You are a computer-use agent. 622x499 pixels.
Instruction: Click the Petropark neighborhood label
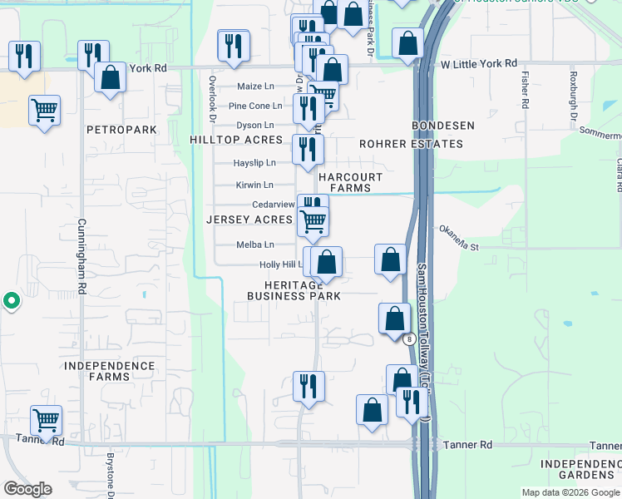tap(121, 131)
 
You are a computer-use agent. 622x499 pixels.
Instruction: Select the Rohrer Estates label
tap(411, 144)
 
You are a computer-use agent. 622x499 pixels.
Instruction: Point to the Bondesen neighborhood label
tap(444, 126)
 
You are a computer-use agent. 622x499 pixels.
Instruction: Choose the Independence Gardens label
tap(580, 469)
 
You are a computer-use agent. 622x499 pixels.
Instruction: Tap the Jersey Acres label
tap(249, 220)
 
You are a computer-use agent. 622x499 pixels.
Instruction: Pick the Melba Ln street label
tap(255, 245)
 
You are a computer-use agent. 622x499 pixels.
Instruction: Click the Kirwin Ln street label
tap(254, 185)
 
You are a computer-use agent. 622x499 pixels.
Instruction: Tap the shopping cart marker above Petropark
tap(44, 110)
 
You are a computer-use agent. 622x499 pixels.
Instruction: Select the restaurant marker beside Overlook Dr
tap(233, 45)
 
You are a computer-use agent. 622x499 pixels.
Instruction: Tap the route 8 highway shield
tap(409, 338)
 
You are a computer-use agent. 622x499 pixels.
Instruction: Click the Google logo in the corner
tap(27, 489)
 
